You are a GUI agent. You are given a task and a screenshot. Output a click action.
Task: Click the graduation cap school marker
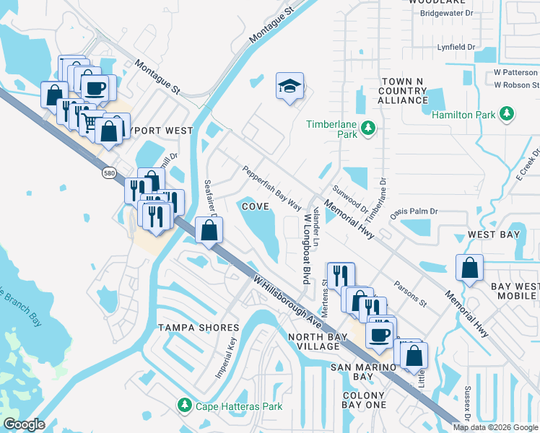tap(289, 87)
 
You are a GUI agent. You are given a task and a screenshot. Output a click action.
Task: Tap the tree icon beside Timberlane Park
tap(369, 128)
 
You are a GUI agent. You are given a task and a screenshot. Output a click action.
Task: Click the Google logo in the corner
tap(24, 424)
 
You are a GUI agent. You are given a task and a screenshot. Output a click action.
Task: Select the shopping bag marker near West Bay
tap(469, 268)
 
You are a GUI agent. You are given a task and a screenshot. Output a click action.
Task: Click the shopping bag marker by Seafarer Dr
tap(209, 231)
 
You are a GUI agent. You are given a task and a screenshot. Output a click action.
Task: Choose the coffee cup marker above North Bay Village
tap(380, 334)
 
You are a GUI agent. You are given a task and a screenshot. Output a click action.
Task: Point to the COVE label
tap(256, 206)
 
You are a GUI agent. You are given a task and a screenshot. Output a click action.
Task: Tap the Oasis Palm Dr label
tap(414, 211)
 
